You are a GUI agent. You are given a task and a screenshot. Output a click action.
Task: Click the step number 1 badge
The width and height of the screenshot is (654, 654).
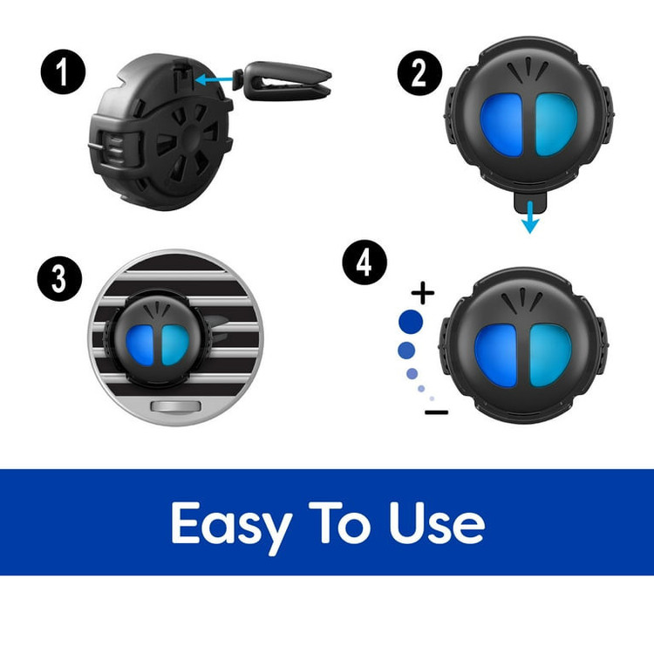63,72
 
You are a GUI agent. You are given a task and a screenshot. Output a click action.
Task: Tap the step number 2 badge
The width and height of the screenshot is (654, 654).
419,73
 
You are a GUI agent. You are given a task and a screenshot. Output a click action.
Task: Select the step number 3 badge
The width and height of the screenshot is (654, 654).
59,279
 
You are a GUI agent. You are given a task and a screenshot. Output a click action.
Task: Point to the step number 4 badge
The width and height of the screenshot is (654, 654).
364,262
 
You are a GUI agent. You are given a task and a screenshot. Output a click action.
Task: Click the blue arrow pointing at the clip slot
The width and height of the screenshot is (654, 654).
214,79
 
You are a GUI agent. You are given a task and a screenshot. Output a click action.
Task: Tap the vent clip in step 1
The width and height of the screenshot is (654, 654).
283,81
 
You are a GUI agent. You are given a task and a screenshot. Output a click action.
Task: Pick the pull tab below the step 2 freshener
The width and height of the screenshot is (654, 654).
530,202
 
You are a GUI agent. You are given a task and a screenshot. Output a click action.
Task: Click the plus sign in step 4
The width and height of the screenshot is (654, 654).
423,293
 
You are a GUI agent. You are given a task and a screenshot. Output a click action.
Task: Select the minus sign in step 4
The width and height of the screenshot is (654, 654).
436,412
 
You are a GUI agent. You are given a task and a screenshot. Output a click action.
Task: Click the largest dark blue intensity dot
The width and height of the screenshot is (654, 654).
411,322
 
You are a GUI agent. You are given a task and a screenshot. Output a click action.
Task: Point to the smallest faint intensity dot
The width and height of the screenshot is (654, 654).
432,399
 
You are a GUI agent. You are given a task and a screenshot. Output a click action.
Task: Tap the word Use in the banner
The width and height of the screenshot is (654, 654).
437,523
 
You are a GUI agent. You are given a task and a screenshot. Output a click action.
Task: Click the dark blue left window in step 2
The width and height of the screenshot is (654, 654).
501,125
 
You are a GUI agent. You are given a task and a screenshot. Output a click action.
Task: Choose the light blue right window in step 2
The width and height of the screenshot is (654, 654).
556,125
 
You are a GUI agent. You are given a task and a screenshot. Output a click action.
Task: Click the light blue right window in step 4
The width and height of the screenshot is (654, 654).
550,355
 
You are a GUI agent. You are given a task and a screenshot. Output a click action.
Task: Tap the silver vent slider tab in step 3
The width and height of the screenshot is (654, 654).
176,406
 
